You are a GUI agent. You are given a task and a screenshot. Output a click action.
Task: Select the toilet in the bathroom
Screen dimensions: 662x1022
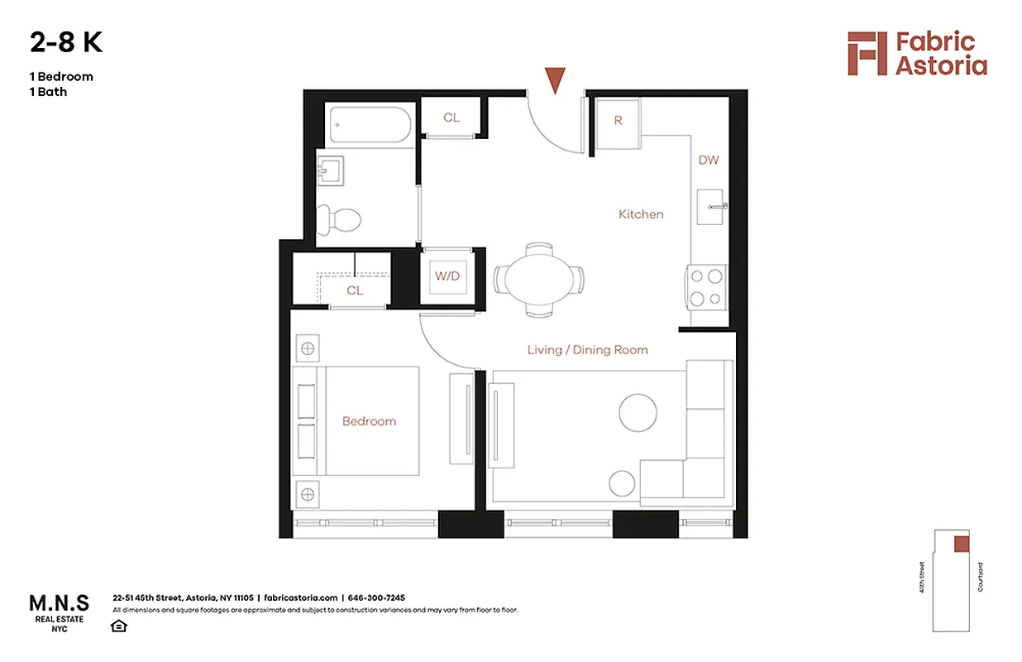coord(341,219)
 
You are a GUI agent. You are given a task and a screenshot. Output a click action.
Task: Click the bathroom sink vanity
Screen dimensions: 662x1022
coord(333,173)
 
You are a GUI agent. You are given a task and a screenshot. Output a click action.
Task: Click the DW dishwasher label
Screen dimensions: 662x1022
coord(709,160)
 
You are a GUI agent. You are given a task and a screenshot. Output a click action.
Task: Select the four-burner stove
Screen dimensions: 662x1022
coord(706,287)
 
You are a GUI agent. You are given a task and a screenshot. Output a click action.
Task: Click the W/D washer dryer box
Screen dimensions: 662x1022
coord(447,276)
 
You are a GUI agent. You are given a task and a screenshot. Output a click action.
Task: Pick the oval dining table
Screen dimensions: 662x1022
coord(539,279)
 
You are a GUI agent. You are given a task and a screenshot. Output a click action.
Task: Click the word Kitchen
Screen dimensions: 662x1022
coord(641,214)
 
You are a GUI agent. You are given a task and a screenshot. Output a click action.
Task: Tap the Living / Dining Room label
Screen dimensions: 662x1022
coord(587,350)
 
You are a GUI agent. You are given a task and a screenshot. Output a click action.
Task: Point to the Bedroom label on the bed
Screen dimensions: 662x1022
coord(369,421)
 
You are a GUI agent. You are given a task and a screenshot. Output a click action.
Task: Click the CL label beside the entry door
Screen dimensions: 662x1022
coord(451,118)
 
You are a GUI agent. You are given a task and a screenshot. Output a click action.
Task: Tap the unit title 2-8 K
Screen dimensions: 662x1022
coord(66,42)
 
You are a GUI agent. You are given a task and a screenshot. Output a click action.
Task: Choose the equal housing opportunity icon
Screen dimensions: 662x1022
coord(119,625)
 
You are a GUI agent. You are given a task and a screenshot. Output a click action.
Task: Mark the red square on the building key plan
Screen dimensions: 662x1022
coord(961,544)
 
